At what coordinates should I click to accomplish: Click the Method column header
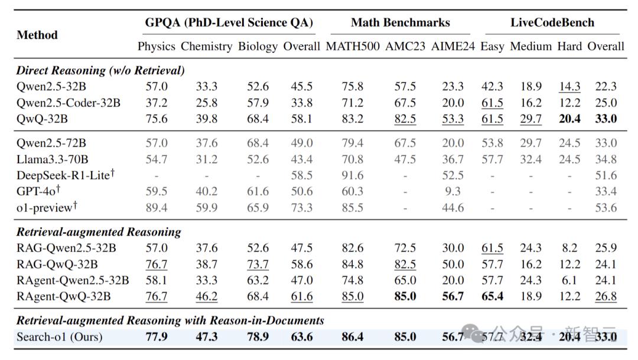(37, 35)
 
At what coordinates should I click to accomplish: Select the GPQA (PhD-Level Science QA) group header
(229, 23)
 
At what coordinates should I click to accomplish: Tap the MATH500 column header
(353, 46)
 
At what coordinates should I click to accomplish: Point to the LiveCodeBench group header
(552, 23)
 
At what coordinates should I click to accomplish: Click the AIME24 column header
(453, 46)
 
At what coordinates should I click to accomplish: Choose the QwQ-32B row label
(43, 119)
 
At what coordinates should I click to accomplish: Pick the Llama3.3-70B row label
(52, 160)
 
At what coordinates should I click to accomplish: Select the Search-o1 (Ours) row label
(59, 338)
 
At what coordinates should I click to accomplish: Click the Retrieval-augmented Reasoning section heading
(99, 232)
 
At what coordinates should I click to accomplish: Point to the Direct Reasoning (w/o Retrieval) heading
(100, 70)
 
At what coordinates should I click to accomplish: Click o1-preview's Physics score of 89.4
(157, 208)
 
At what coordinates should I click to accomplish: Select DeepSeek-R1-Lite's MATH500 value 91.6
(353, 176)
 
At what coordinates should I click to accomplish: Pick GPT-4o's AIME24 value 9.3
(453, 192)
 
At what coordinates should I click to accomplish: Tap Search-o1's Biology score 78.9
(258, 338)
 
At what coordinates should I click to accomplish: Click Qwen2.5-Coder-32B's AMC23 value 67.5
(405, 103)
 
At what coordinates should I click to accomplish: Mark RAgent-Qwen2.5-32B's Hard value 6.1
(569, 280)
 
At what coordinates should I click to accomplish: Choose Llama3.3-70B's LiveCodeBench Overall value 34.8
(606, 160)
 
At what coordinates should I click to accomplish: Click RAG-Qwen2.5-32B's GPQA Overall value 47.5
(302, 248)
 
